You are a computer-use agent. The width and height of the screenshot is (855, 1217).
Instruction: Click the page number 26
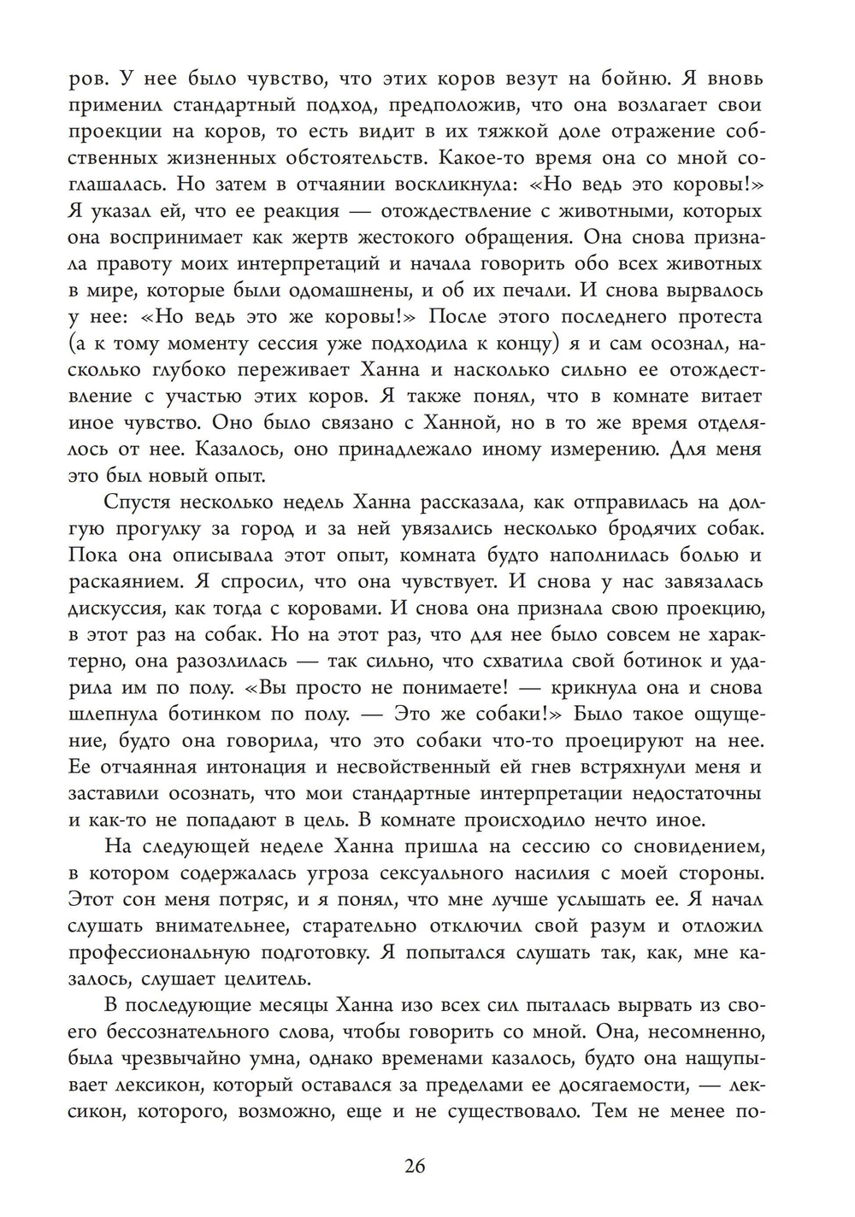[x=415, y=1167]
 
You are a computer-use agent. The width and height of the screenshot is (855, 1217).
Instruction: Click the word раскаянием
[x=128, y=582]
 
